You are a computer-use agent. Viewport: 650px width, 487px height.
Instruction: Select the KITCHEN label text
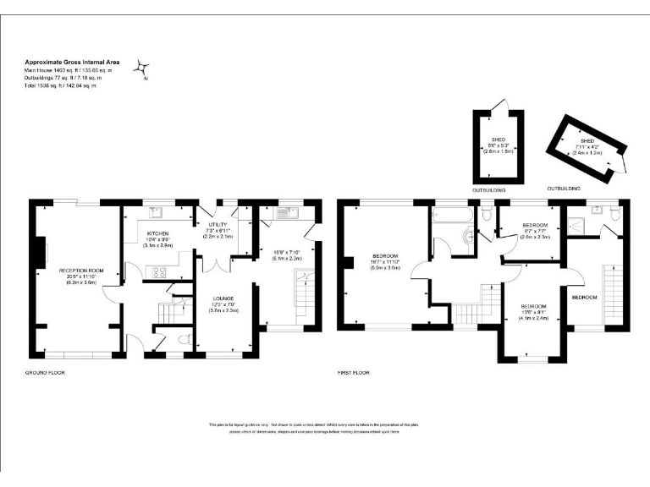tap(158, 233)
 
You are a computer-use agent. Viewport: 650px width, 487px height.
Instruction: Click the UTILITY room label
tap(218, 225)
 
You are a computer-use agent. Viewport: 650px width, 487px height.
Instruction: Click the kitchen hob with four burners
tap(158, 271)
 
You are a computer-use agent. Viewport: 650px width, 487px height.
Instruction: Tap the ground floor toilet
tap(185, 340)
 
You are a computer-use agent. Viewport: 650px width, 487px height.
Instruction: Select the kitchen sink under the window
tap(157, 211)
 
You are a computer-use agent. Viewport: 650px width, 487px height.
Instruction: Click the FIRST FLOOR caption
tap(353, 372)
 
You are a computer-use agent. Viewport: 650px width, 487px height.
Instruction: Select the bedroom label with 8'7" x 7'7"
tap(534, 230)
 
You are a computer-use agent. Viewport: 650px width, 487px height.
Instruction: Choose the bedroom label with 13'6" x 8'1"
tap(535, 310)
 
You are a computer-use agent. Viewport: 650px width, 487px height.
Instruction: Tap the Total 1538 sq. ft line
tap(60, 86)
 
